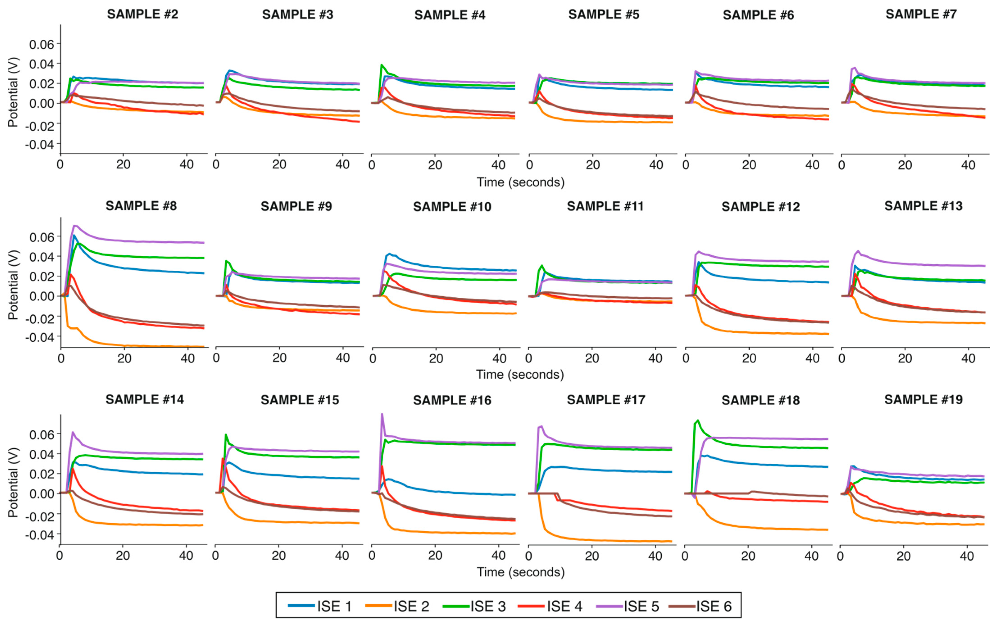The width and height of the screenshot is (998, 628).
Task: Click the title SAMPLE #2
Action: point(143,14)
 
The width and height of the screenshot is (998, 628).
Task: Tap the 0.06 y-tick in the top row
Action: point(41,44)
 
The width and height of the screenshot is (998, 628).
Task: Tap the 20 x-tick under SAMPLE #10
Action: point(435,358)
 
